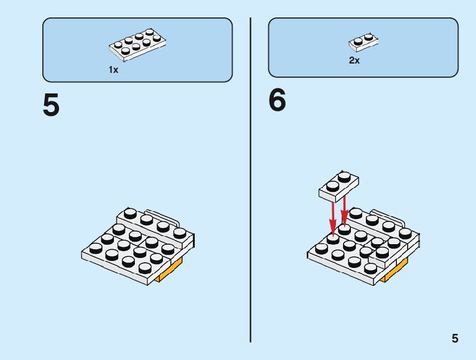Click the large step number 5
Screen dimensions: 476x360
pyautogui.click(x=51, y=105)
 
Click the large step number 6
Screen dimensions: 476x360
pyautogui.click(x=278, y=101)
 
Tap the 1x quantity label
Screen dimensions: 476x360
pyautogui.click(x=113, y=70)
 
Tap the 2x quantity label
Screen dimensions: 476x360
pyautogui.click(x=354, y=61)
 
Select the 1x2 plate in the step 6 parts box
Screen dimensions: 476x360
pyautogui.click(x=364, y=42)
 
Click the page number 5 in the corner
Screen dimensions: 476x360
pyautogui.click(x=455, y=339)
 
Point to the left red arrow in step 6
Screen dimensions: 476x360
pyautogui.click(x=333, y=215)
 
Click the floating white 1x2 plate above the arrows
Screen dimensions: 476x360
pyautogui.click(x=338, y=186)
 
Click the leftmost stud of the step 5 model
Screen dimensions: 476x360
pyautogui.click(x=95, y=247)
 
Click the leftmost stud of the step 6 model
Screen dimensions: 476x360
pyautogui.click(x=321, y=248)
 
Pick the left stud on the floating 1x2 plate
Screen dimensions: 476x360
pyautogui.click(x=330, y=183)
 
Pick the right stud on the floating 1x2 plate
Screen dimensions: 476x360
pyautogui.click(x=344, y=175)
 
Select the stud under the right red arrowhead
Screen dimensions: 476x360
pyautogui.click(x=344, y=230)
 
